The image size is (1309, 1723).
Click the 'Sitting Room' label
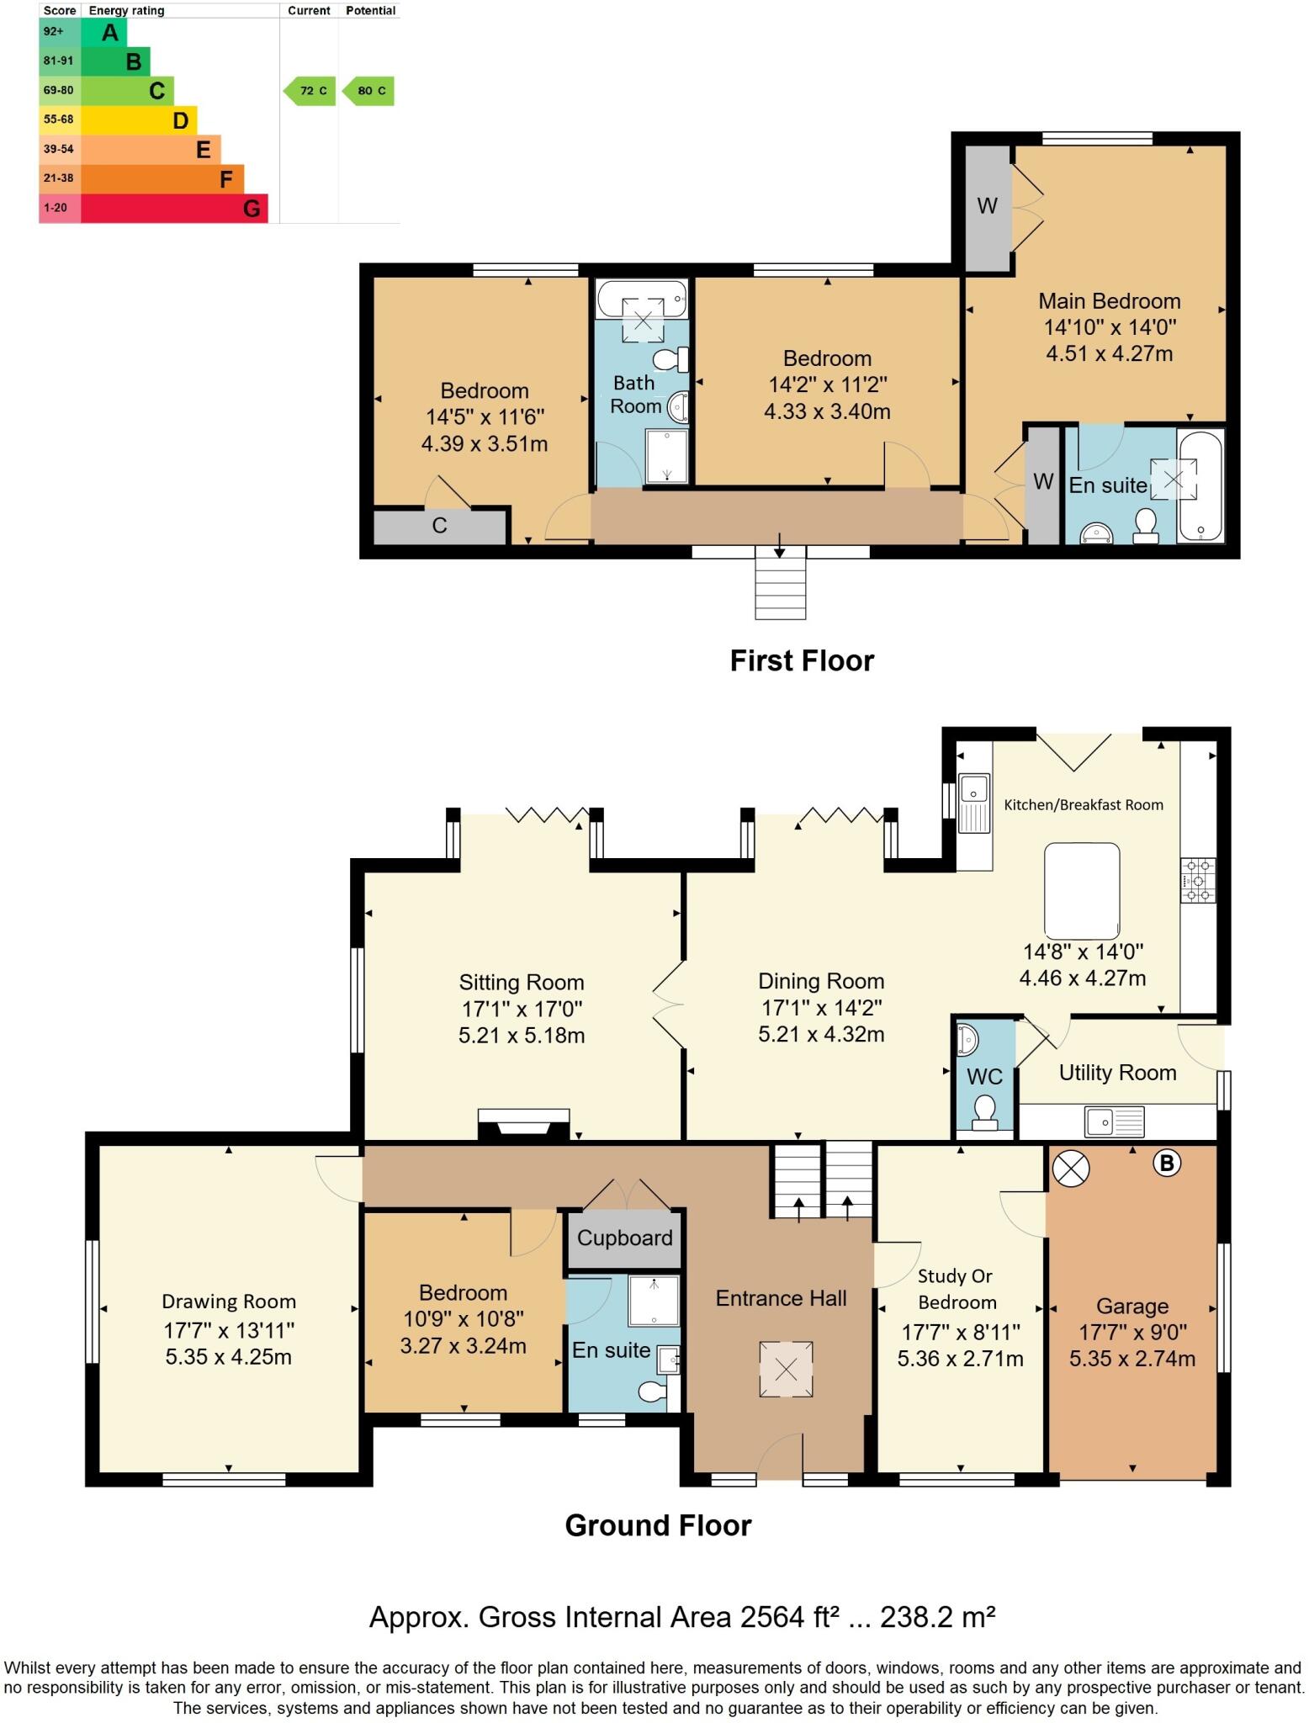click(x=521, y=982)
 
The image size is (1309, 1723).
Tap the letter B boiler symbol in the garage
click(x=1166, y=1164)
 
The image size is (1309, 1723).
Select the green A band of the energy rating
click(x=104, y=33)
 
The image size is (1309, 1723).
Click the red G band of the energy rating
click(x=174, y=208)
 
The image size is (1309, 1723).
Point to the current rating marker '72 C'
click(x=310, y=91)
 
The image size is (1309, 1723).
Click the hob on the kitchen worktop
click(x=1198, y=880)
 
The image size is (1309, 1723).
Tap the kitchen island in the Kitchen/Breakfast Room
click(x=1082, y=892)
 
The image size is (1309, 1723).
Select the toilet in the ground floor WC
click(x=983, y=1111)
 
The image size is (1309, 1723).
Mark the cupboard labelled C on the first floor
click(x=439, y=526)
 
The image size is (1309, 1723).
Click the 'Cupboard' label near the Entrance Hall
click(x=624, y=1238)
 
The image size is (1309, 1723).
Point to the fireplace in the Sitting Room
click(x=523, y=1125)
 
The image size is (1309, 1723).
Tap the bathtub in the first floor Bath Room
click(x=641, y=297)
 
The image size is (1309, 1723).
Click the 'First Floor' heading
click(x=801, y=660)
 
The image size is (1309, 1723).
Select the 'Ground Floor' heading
click(x=658, y=1524)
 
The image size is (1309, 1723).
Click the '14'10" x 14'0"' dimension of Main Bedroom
click(x=1109, y=326)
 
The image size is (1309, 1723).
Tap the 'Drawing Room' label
click(x=228, y=1302)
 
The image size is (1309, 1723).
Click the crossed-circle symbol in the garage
click(x=1071, y=1169)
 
